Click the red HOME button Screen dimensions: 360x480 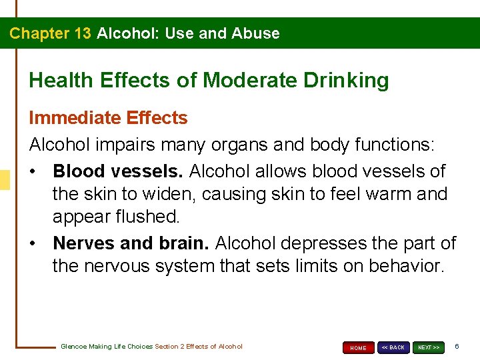tap(358, 347)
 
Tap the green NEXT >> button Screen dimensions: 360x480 tap(428, 347)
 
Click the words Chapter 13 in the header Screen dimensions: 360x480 tap(50, 33)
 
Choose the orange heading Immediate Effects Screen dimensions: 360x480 tap(108, 118)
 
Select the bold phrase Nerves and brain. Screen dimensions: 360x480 tap(131, 243)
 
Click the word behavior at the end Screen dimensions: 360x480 tap(399, 267)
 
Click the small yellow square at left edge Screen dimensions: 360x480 tap(4, 180)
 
